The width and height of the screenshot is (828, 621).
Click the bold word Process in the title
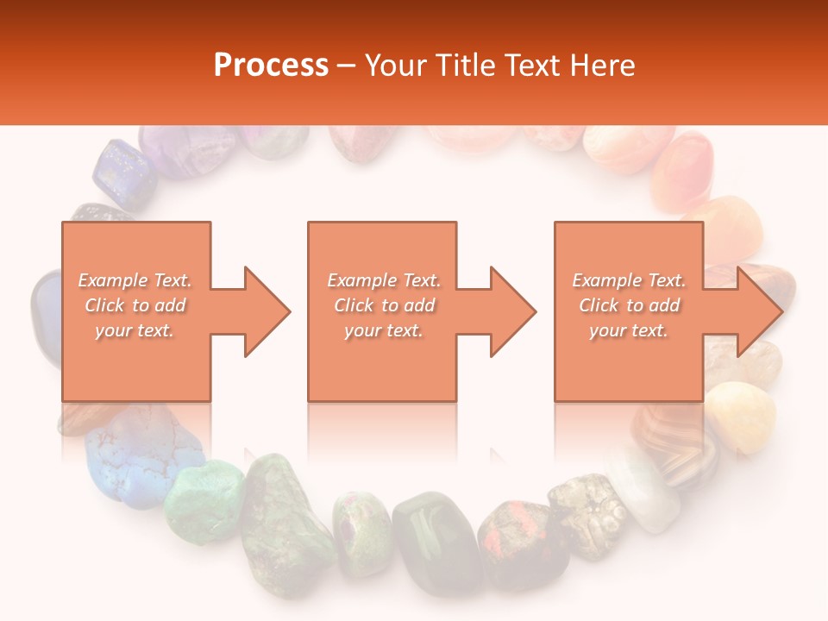[271, 66]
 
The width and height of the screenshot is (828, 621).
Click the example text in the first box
[135, 305]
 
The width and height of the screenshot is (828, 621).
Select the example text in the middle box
[383, 305]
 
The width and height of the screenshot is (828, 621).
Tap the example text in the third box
[629, 305]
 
